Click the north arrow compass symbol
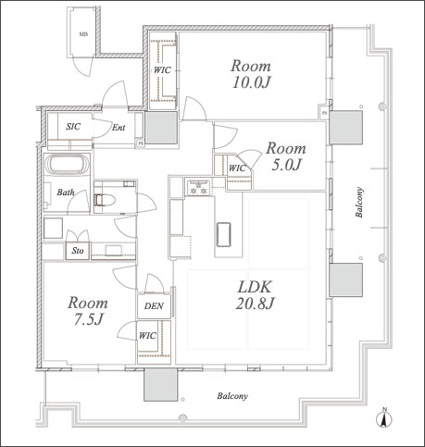point(384,417)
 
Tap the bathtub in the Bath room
point(67,164)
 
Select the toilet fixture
point(104,200)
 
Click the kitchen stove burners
point(198,188)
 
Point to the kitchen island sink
point(224,234)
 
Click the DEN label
point(154,306)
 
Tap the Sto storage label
point(78,251)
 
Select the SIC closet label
point(73,126)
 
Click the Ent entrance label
point(119,127)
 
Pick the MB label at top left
point(83,34)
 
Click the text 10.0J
point(251,82)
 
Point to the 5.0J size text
point(286,165)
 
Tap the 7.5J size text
point(88,319)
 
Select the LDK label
point(255,287)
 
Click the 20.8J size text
point(255,304)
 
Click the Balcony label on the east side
point(359,202)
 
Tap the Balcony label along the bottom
point(232,396)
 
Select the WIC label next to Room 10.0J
point(162,70)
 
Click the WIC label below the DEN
point(147,335)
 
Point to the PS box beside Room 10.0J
point(324,113)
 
